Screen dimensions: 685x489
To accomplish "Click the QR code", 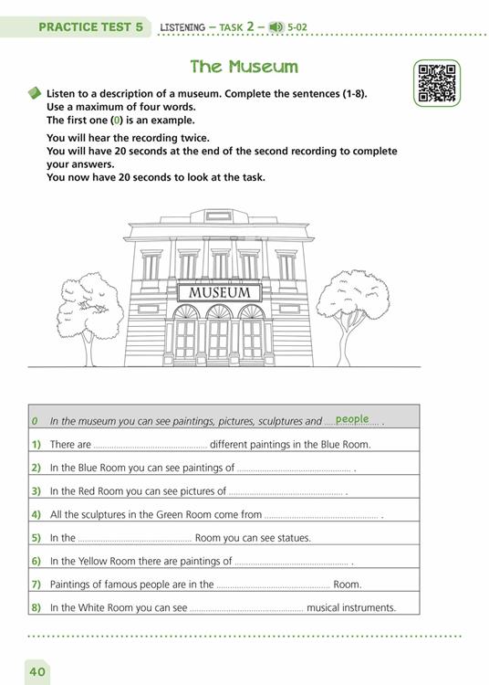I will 436,83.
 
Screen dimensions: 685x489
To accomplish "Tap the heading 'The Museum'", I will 244,67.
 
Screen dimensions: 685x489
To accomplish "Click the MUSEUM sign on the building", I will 219,293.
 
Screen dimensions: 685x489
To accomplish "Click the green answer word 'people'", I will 352,419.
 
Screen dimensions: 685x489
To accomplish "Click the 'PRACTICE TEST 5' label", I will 90,26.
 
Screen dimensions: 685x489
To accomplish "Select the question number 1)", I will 36,445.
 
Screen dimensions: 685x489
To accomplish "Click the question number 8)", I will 36,607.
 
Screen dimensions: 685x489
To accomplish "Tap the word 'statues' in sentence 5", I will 290,538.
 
